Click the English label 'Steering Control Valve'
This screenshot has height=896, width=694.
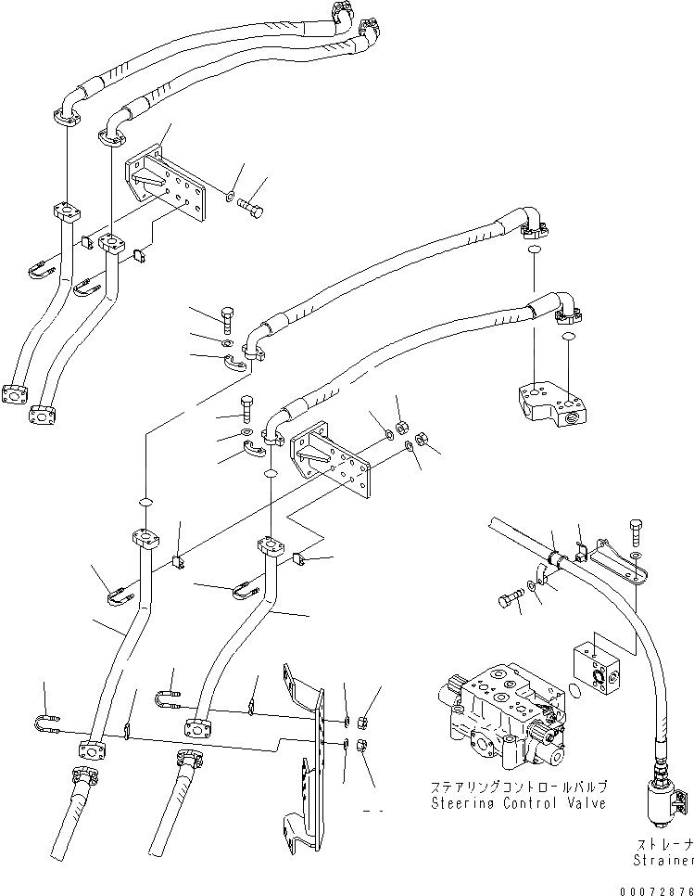coord(518,802)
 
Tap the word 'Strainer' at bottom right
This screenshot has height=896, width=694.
coord(662,861)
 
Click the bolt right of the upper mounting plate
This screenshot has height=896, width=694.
coord(250,203)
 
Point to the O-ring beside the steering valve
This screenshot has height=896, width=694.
coord(574,689)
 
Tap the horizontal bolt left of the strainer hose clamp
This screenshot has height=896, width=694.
coord(509,600)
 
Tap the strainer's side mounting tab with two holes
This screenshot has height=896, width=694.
coord(684,800)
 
